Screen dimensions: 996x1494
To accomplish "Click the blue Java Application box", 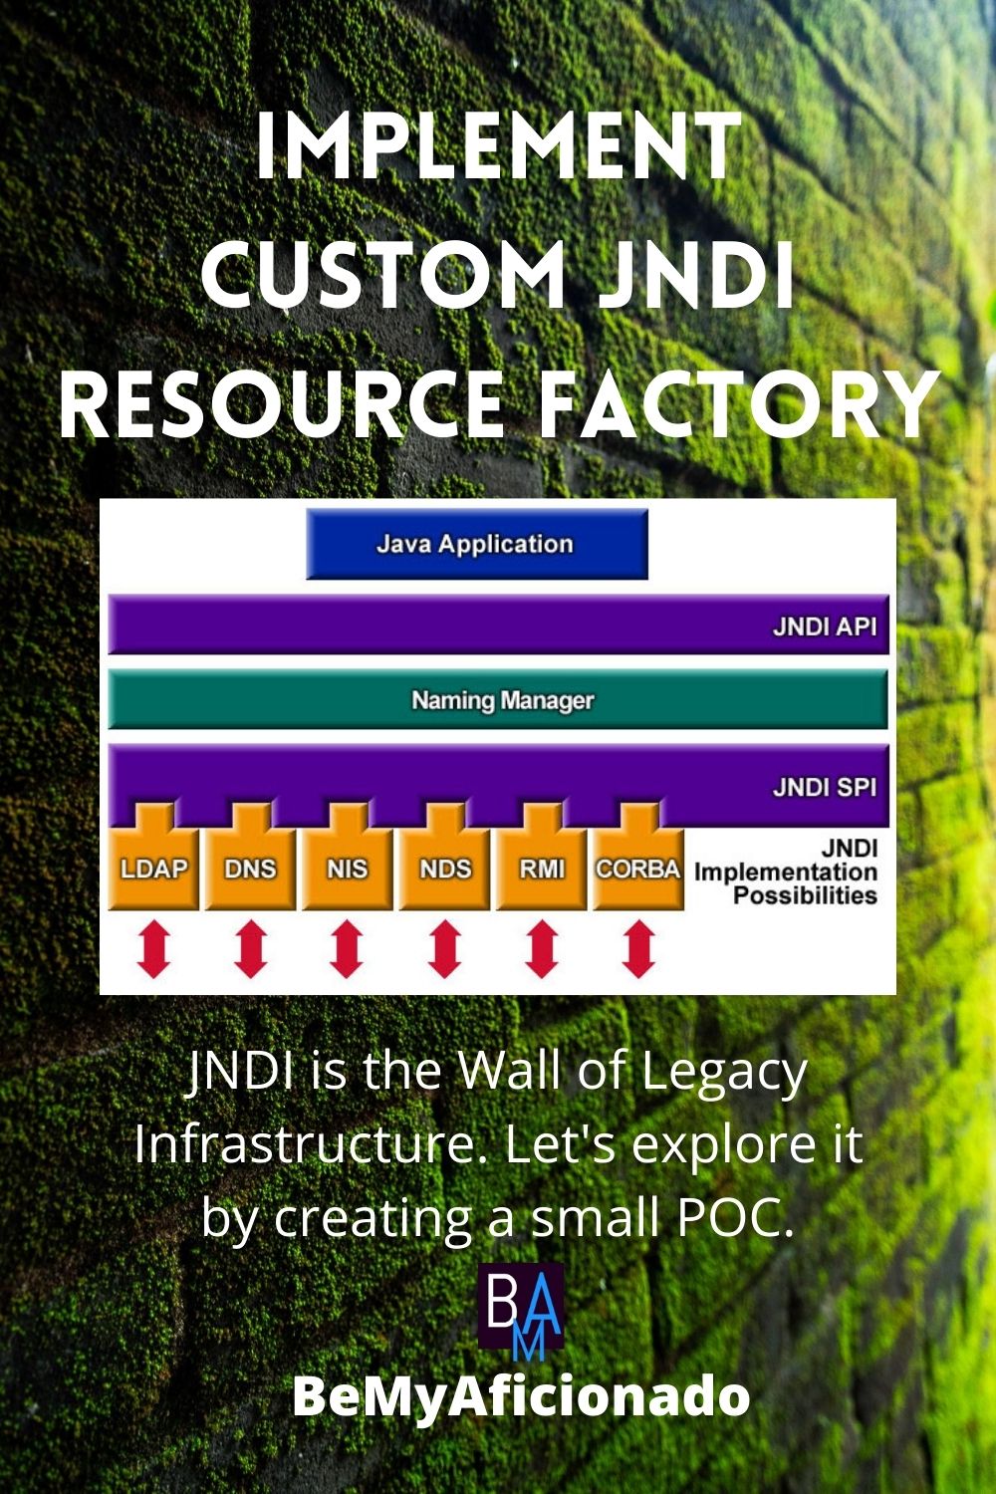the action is click(x=476, y=544).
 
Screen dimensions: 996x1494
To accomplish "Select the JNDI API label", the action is click(x=824, y=626).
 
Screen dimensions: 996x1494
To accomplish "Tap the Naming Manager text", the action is click(x=502, y=700).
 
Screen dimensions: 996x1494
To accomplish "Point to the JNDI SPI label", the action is click(x=824, y=788).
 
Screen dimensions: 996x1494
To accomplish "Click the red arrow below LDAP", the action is click(x=154, y=948).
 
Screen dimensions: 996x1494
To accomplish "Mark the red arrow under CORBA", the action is click(x=638, y=948).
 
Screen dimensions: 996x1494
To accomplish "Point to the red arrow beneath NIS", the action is click(x=347, y=948).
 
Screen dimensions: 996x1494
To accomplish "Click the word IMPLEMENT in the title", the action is click(x=498, y=146).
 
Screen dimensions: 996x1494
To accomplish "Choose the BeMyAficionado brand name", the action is click(x=521, y=1395).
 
